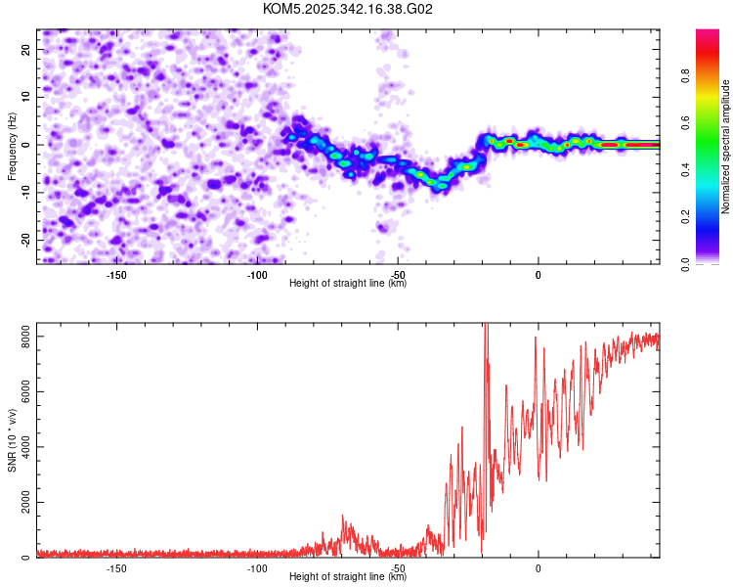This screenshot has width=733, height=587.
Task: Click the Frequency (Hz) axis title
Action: [x=12, y=145]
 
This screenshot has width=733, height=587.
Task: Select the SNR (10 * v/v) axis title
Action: [x=12, y=440]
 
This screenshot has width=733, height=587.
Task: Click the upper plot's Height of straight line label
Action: [x=348, y=283]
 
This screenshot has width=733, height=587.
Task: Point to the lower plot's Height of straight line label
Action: [x=348, y=576]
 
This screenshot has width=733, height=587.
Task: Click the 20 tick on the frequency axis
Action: [x=26, y=49]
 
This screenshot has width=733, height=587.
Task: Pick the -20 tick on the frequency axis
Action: [x=24, y=240]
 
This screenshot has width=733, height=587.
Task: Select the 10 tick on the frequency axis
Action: [x=26, y=97]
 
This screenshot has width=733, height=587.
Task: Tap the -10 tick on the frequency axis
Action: [x=24, y=192]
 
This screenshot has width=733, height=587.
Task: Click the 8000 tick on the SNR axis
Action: [x=21, y=337]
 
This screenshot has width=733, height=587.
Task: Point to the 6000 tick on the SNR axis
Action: [x=21, y=391]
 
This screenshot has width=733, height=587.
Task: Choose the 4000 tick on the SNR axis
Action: [x=21, y=447]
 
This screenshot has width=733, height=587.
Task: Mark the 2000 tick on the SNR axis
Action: [x=21, y=502]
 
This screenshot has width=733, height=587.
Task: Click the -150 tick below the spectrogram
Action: [x=115, y=275]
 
